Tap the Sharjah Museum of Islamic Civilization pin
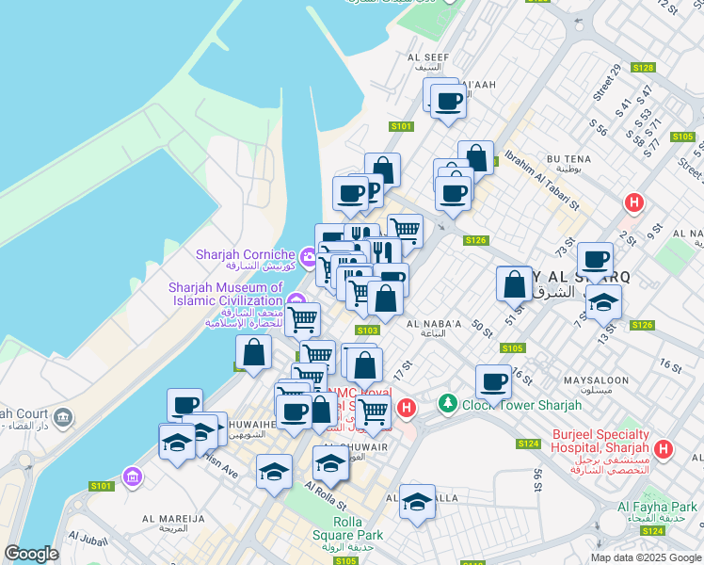pos(296,301)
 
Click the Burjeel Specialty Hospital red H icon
pos(664,449)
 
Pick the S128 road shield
pos(643,68)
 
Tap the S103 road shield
pos(367,330)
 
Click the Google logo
pos(31,554)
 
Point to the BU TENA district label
pos(568,161)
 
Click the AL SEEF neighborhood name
pos(425,56)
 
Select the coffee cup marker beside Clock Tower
pos(493,382)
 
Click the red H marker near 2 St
pos(634,202)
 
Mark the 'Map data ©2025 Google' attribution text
pos(645,557)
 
